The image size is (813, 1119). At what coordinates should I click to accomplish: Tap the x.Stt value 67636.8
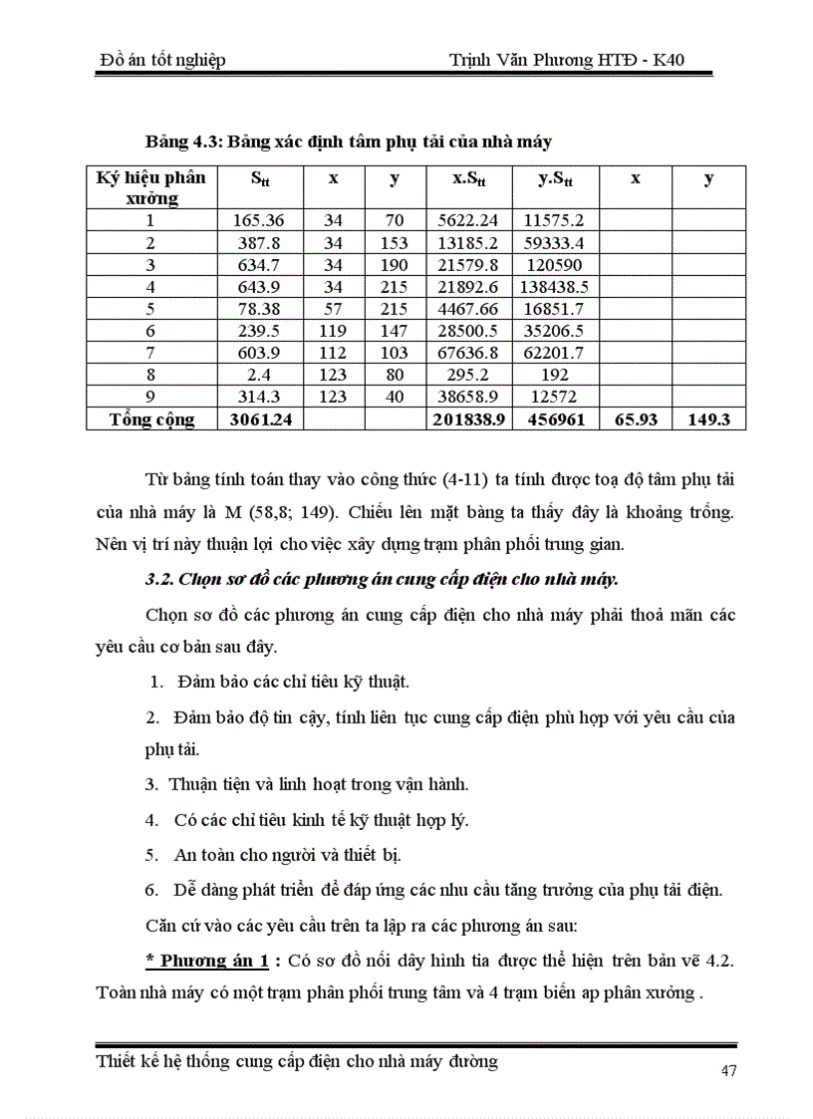(x=469, y=353)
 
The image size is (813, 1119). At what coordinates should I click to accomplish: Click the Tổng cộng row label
(x=151, y=420)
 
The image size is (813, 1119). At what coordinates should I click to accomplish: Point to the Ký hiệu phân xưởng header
(x=151, y=187)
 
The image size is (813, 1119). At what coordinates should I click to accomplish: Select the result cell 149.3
(x=708, y=420)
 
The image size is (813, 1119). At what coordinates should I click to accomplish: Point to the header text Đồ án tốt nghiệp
(x=163, y=61)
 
